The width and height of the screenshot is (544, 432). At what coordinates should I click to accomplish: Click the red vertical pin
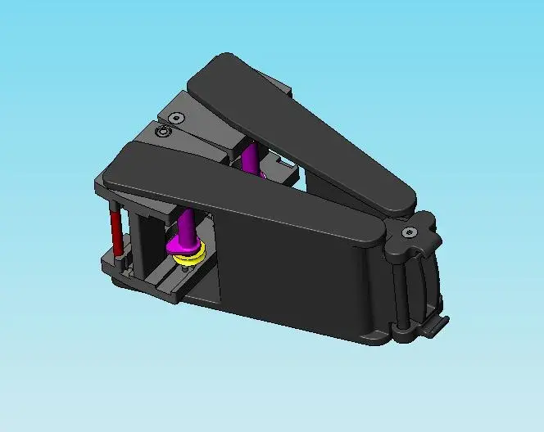[x=116, y=230]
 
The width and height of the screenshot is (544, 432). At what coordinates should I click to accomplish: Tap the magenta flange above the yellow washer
[x=185, y=245]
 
